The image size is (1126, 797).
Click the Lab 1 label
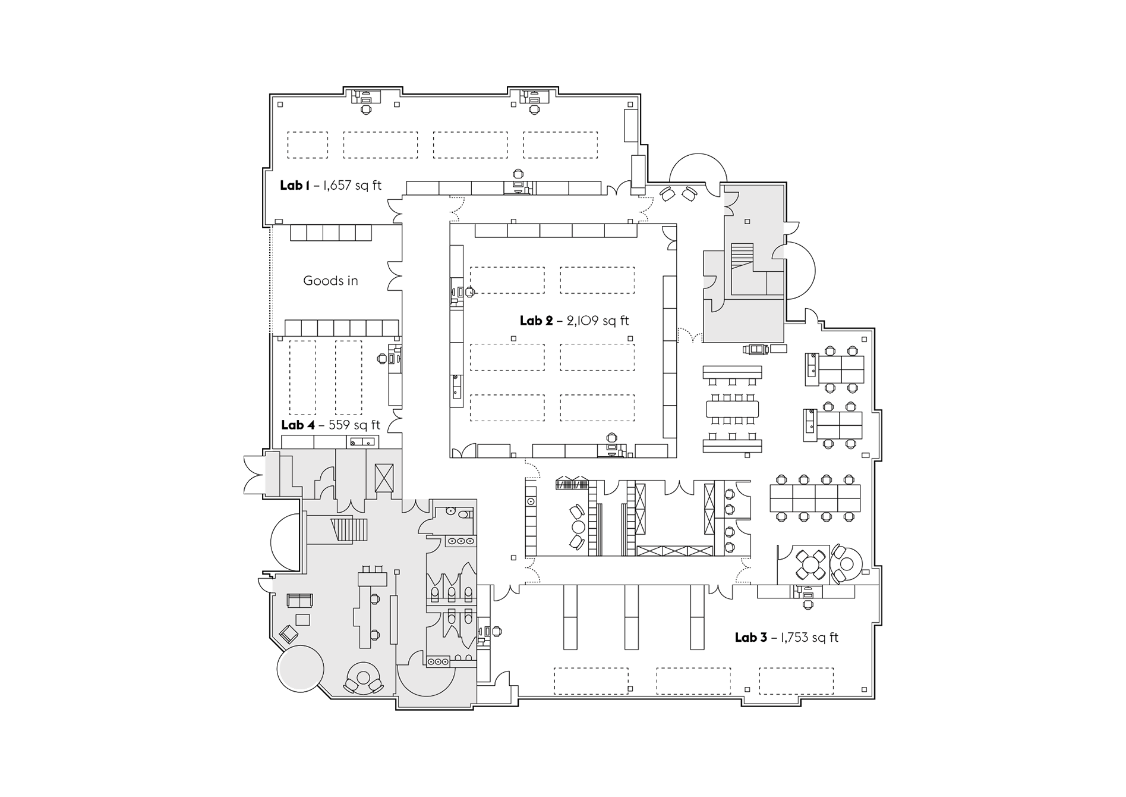click(294, 186)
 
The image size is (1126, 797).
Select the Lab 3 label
click(750, 638)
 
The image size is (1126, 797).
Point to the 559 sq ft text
click(354, 425)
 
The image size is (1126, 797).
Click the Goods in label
click(330, 281)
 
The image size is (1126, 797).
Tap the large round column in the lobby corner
click(301, 668)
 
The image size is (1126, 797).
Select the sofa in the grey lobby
click(299, 600)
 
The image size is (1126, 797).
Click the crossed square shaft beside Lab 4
click(384, 478)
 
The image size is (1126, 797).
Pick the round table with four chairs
click(810, 564)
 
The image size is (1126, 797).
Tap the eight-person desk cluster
click(815, 498)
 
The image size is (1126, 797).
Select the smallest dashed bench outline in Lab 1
click(308, 145)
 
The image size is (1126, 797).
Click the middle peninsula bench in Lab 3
click(631, 617)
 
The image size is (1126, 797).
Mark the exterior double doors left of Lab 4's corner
click(254, 475)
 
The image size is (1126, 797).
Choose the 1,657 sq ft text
click(352, 186)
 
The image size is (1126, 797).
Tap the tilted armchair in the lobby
click(289, 634)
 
